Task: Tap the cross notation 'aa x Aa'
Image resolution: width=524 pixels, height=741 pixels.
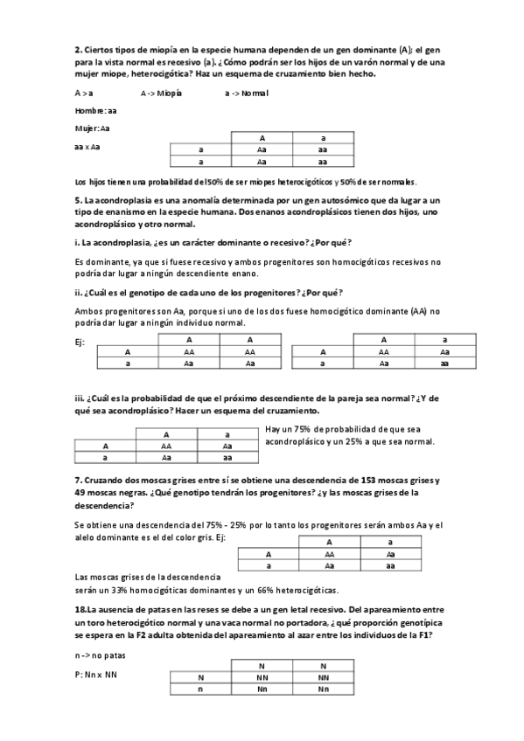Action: click(88, 147)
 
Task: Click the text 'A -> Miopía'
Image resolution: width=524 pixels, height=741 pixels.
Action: click(162, 93)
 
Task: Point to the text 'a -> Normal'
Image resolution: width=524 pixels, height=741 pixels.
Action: click(247, 93)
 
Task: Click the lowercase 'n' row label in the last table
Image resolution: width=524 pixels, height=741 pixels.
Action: click(200, 689)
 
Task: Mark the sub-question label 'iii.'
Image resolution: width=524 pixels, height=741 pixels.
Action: click(79, 398)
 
